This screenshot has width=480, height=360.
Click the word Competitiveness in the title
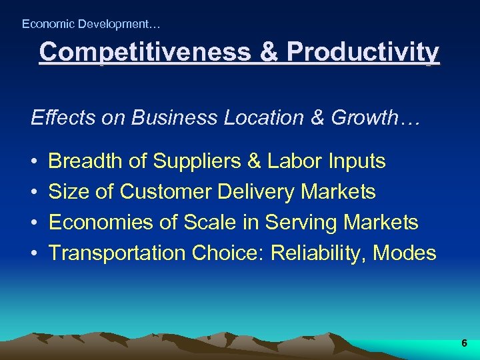pyautogui.click(x=144, y=52)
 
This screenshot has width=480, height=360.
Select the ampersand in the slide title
pyautogui.click(x=269, y=52)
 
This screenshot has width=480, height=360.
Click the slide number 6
pyautogui.click(x=464, y=343)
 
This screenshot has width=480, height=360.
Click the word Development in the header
pyautogui.click(x=115, y=24)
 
